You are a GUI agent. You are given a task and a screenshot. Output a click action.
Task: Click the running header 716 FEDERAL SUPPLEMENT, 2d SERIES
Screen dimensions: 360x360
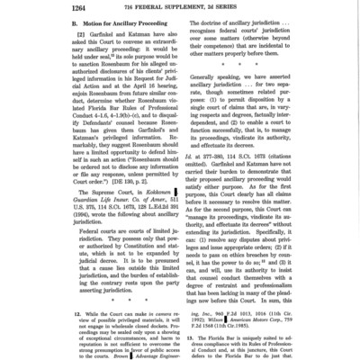click(x=180, y=8)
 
